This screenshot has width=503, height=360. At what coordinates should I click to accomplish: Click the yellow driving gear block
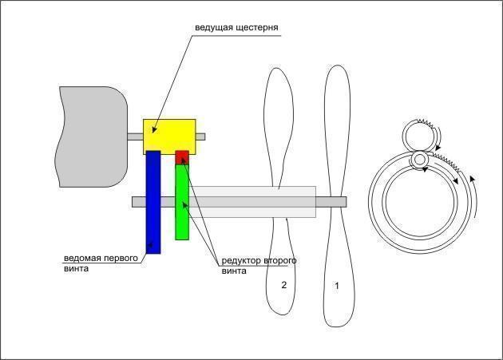(169, 136)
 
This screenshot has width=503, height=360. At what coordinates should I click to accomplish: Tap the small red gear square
(182, 156)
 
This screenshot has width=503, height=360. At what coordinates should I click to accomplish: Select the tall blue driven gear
(153, 203)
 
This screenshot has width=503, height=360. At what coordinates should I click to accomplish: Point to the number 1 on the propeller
(336, 284)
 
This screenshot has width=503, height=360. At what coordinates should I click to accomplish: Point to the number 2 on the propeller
(283, 284)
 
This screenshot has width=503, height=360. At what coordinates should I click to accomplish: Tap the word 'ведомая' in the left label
(81, 258)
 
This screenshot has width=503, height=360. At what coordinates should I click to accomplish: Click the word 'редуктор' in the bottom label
(240, 261)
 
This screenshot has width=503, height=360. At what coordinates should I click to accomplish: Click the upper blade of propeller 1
(336, 128)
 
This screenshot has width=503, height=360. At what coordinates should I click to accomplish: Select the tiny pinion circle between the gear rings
(419, 160)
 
